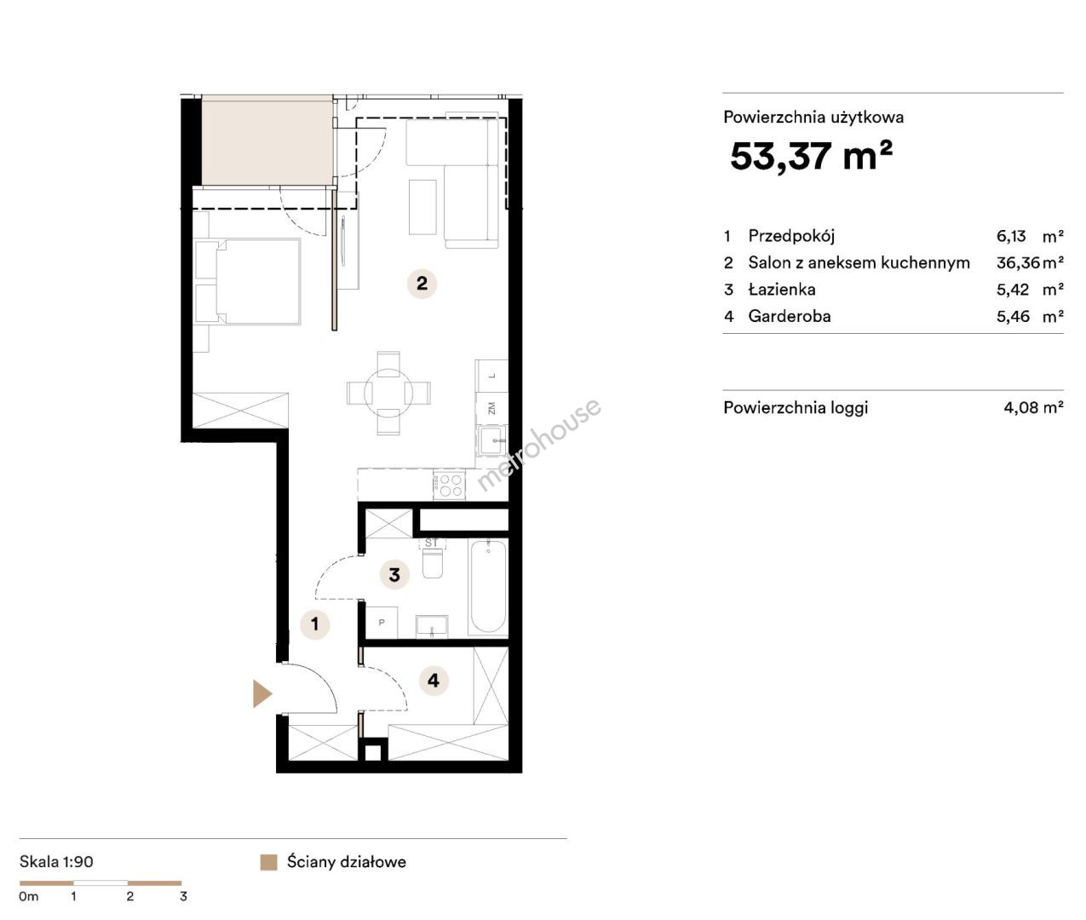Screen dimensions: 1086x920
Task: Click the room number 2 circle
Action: coord(422,284)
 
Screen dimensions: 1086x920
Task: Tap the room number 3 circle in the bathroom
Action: coord(394,575)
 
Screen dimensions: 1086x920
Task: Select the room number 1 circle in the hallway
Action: coord(314,624)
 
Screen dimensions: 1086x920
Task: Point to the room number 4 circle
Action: coord(434,681)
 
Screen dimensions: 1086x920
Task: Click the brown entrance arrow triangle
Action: coord(261,694)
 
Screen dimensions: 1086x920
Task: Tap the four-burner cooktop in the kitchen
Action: coord(449,486)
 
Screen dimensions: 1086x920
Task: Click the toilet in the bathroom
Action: coord(433,561)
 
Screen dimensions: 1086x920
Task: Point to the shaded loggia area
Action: coord(267,141)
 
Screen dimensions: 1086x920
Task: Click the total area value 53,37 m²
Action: coord(811,156)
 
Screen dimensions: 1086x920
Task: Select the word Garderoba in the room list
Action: coord(789,316)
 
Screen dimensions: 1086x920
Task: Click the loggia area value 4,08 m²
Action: coord(1033,407)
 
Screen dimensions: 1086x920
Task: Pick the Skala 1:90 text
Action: coord(56,862)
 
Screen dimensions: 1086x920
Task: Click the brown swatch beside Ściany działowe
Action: coord(268,862)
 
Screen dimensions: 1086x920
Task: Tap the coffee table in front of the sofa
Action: coord(423,207)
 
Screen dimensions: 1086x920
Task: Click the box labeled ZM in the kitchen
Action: coord(491,408)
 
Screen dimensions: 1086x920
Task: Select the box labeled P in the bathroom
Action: coord(382,623)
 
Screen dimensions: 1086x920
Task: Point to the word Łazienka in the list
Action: coord(782,290)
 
